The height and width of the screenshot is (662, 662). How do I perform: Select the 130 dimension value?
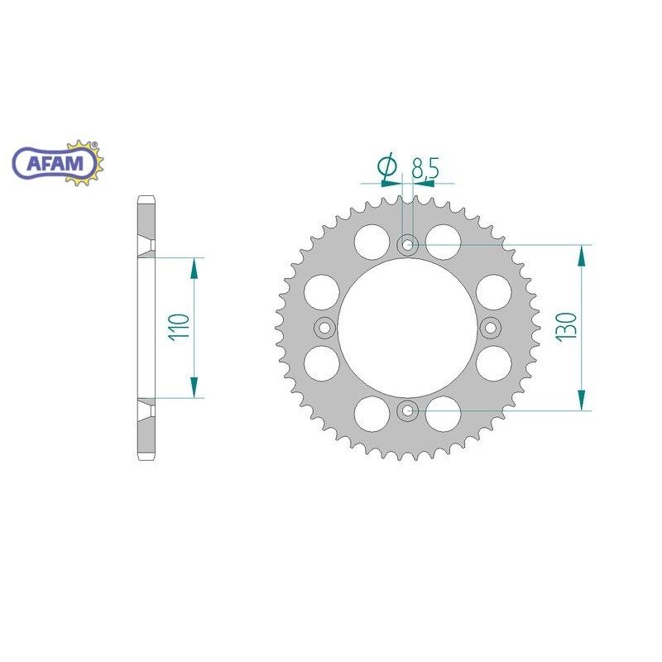(567, 328)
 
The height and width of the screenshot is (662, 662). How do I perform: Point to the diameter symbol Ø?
(386, 167)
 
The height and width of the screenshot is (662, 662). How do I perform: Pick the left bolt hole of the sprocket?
(324, 328)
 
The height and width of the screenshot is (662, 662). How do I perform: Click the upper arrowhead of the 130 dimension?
(584, 255)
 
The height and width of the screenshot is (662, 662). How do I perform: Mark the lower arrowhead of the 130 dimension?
(584, 401)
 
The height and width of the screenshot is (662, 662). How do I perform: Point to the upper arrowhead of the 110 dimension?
(195, 267)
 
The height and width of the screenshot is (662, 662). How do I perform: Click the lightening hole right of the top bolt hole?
(444, 238)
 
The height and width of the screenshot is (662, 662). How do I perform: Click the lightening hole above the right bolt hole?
(495, 291)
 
